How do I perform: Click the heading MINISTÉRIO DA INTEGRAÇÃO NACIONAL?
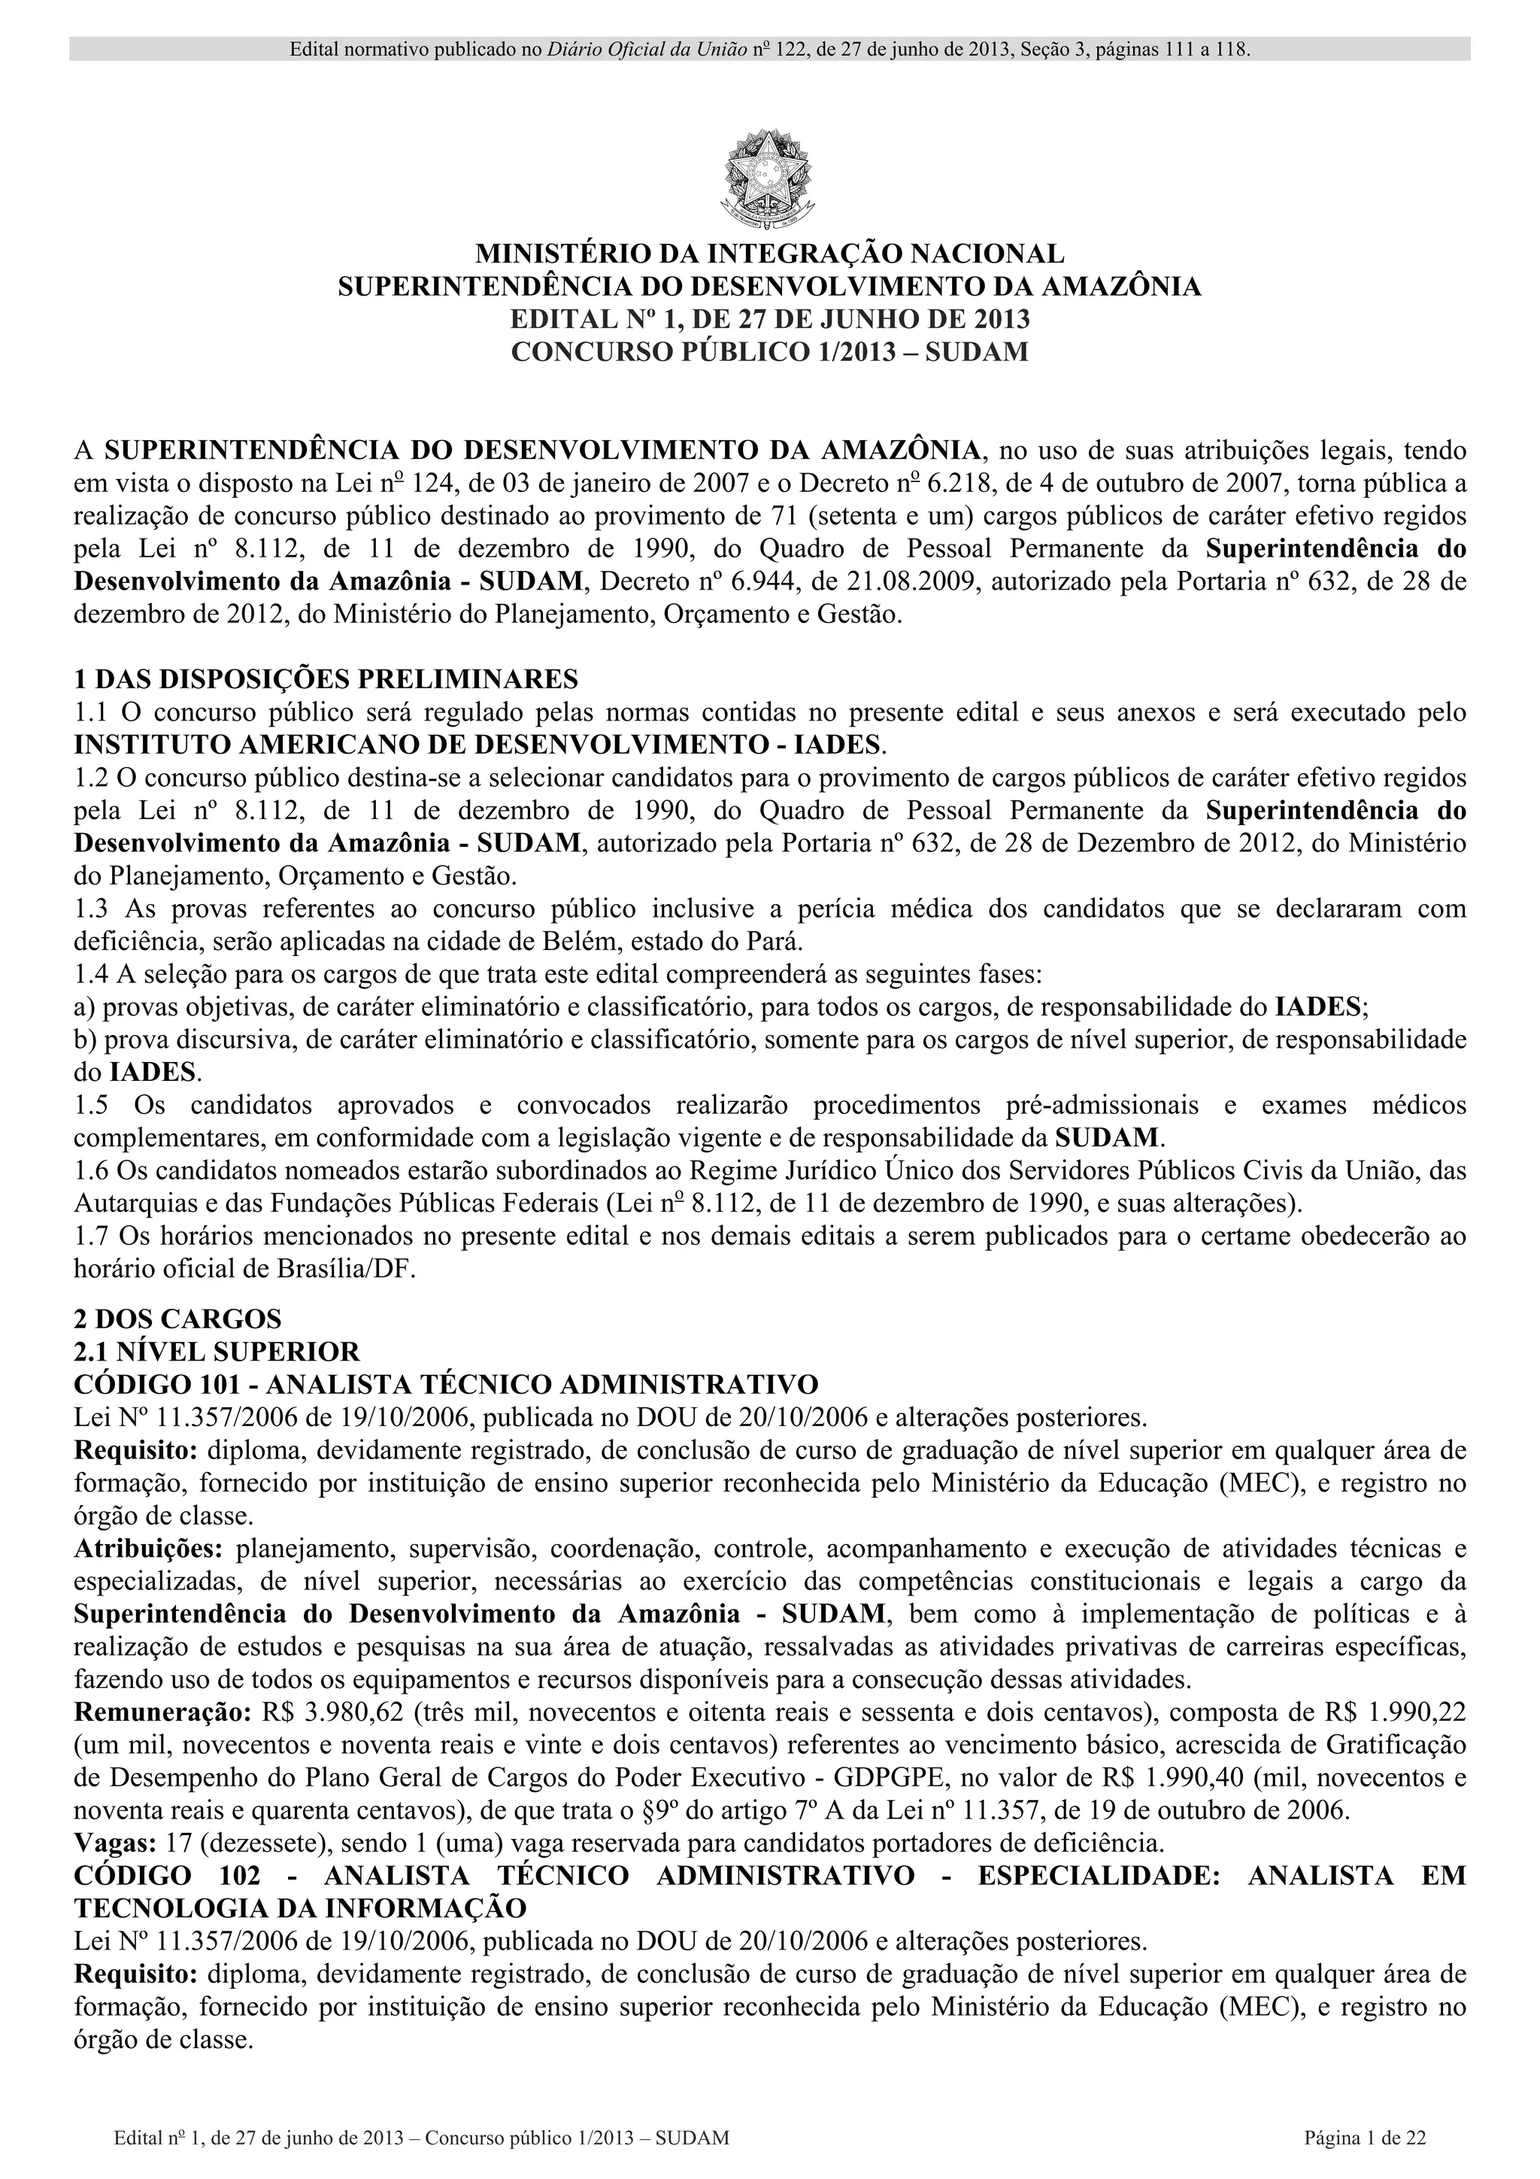coord(769,254)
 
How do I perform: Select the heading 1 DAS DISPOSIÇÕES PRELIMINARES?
coord(326,678)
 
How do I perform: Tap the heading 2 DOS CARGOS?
coord(177,1319)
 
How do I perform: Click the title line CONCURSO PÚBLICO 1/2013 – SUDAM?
coord(769,351)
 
